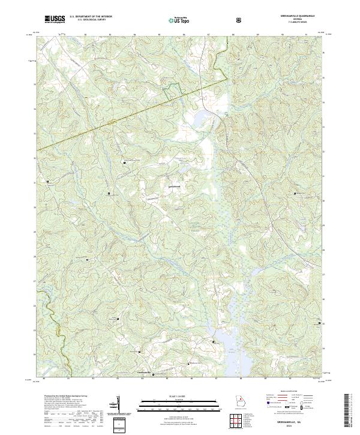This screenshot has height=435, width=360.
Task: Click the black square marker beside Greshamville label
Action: [154, 375]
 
